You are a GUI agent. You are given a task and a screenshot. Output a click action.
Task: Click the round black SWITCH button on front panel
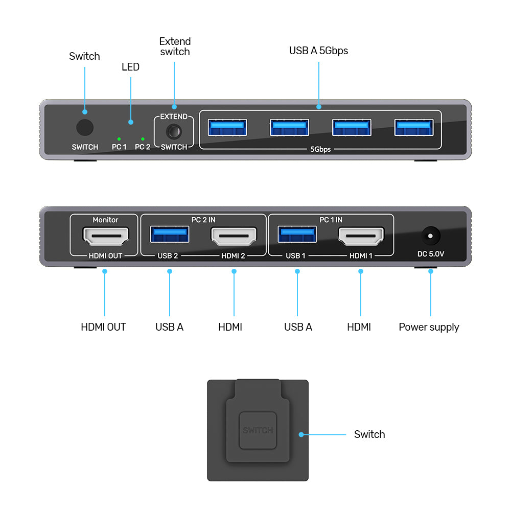point(84,128)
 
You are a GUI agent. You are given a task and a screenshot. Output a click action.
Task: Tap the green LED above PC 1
point(119,138)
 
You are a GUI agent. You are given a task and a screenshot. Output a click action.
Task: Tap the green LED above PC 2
point(143,138)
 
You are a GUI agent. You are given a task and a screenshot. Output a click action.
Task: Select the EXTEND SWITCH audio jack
point(174,132)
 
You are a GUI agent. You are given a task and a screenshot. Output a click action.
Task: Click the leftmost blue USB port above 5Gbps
point(227,128)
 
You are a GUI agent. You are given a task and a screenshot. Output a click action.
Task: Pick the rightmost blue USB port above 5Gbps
point(414,128)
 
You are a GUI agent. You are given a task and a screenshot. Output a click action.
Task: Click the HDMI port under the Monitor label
point(105,236)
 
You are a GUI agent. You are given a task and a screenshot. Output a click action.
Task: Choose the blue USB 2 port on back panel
point(170,235)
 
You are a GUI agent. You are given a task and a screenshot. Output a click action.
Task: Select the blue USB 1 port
point(297,235)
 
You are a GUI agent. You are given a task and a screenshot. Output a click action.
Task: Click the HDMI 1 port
point(361,236)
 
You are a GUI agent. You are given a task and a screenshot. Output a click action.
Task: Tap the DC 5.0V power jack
point(430,236)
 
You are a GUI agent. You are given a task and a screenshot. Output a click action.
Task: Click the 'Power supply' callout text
point(429,327)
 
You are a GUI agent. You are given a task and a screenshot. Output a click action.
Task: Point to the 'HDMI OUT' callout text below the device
point(103,327)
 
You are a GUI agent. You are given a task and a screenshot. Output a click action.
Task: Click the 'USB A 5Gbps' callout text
point(318,51)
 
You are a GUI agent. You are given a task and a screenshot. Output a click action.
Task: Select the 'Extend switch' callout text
point(175,47)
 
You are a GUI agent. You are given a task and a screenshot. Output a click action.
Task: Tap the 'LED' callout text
point(130,67)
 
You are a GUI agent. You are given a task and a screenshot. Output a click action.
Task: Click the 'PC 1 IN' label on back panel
point(331,220)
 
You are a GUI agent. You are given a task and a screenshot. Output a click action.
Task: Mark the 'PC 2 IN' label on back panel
point(203,220)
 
